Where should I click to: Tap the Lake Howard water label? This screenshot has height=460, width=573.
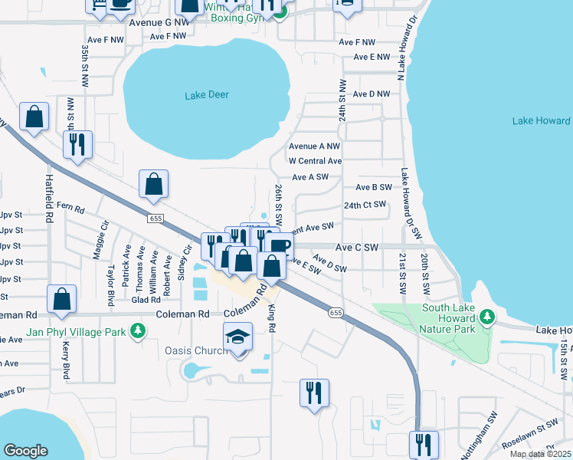click(x=541, y=121)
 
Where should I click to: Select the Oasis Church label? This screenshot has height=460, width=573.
click(x=194, y=351)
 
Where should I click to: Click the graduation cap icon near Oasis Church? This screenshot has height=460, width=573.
click(x=238, y=337)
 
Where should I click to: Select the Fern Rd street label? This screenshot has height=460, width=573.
click(x=70, y=207)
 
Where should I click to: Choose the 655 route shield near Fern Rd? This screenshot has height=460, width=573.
click(x=156, y=219)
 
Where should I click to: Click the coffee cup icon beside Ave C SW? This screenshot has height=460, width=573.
click(x=278, y=247)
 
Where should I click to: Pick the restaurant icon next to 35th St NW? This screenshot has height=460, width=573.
click(x=77, y=144)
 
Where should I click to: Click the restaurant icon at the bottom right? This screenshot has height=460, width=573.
click(x=422, y=445)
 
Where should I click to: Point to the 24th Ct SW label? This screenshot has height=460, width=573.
click(x=365, y=205)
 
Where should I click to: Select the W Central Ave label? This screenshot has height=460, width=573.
click(x=315, y=161)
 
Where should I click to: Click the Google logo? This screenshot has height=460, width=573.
click(x=25, y=451)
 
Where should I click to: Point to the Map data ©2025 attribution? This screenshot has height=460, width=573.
click(x=540, y=454)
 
